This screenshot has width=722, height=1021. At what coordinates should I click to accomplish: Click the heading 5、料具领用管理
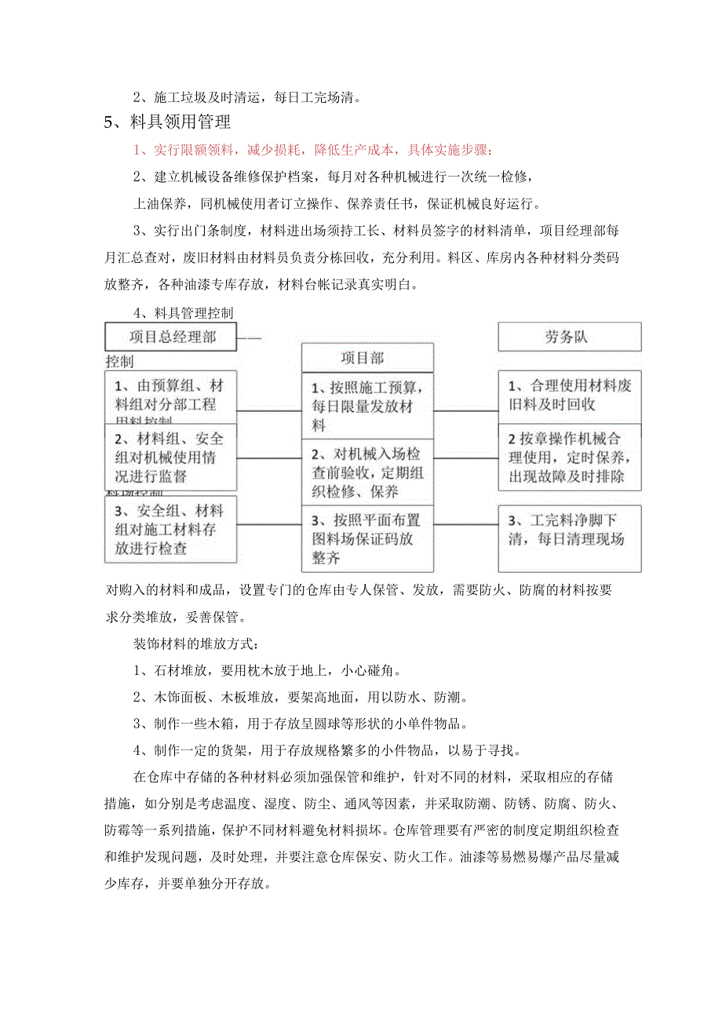pos(168,122)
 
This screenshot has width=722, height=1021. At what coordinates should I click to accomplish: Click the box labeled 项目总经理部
pos(170,337)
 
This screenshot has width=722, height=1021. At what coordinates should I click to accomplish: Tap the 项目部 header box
pos(366,358)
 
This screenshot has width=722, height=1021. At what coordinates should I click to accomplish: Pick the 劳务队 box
pos(569,337)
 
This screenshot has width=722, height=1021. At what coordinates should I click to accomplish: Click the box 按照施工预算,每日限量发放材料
pos(366,407)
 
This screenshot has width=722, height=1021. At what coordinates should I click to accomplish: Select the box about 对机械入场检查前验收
pos(366,472)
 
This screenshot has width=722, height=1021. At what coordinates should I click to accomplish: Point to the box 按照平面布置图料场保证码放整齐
pos(366,538)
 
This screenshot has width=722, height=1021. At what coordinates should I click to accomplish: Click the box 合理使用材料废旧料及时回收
pos(569,396)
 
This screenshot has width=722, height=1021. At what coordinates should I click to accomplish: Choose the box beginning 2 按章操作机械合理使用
pos(569,458)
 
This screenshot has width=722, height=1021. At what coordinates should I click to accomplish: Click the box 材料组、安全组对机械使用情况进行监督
pos(170,458)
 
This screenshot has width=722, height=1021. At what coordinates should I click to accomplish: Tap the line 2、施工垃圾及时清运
pos(247,98)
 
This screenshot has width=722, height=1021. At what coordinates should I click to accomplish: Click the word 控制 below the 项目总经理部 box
pos(119,362)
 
